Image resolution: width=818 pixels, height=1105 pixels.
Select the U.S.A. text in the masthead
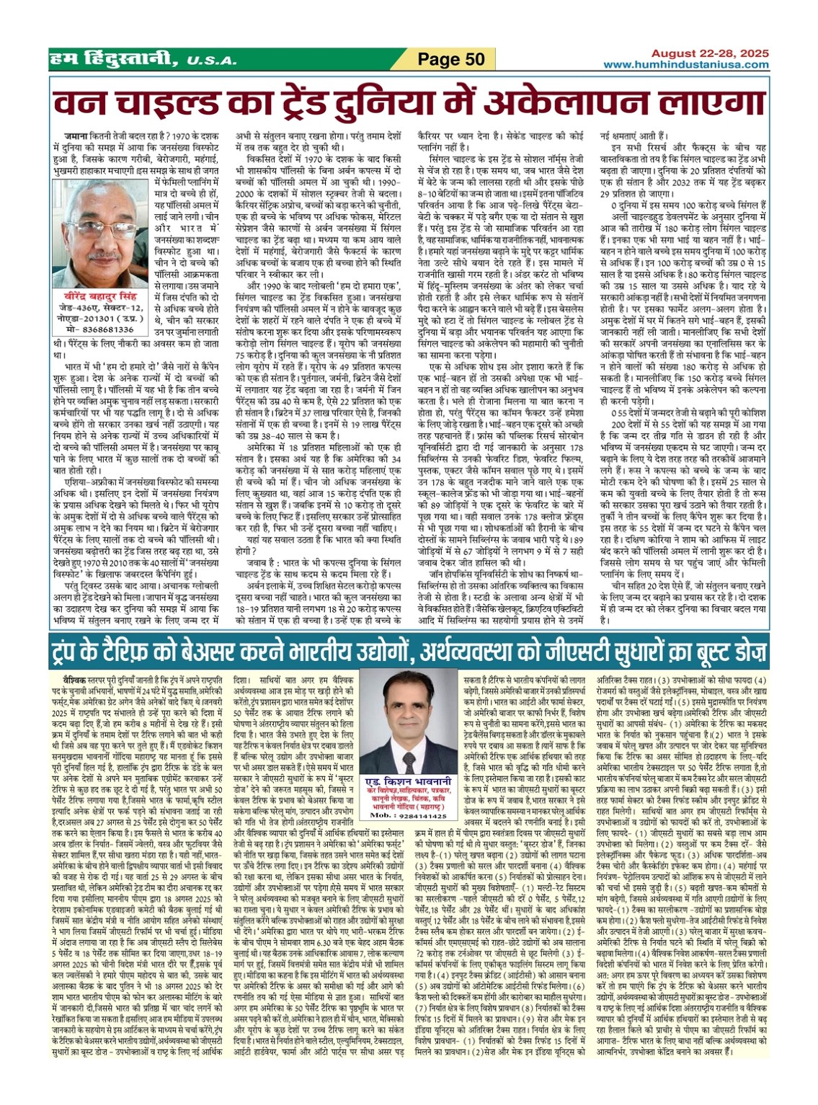[210, 61]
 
